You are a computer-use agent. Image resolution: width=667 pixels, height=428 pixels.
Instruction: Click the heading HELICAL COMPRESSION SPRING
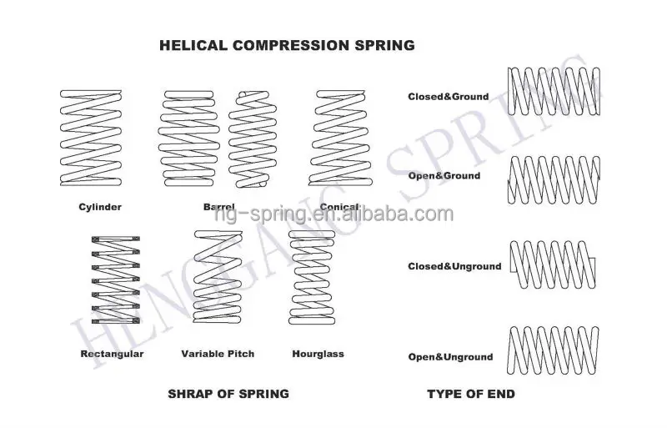tap(286, 45)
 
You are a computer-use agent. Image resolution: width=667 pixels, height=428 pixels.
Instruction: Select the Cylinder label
tap(100, 206)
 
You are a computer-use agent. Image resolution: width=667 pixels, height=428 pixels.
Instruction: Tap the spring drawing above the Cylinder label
tap(90, 137)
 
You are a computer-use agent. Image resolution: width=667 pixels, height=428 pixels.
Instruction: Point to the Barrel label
tap(218, 206)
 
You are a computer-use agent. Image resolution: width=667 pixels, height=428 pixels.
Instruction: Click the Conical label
tap(339, 206)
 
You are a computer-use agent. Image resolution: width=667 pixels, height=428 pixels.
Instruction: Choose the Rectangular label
tap(113, 354)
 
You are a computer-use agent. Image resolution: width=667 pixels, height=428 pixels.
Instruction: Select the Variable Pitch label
tap(218, 354)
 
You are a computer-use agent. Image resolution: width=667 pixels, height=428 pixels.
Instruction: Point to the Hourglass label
tap(318, 354)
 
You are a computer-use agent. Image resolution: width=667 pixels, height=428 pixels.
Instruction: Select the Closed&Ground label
tap(448, 97)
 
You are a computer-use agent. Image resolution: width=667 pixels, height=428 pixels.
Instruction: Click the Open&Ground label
tap(444, 176)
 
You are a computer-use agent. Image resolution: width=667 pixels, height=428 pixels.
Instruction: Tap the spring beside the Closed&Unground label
tap(554, 265)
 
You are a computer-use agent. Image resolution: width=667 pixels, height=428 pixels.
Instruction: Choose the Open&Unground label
tap(450, 357)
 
